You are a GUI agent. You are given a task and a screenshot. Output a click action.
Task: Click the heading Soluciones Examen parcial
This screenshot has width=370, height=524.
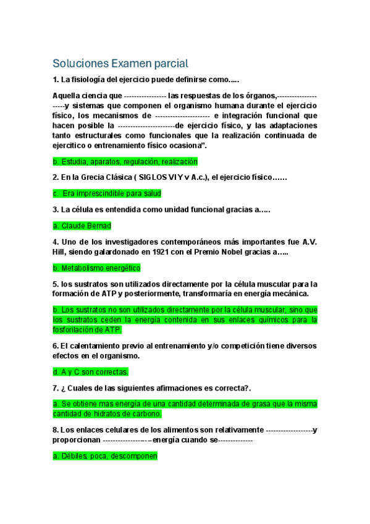point(120,63)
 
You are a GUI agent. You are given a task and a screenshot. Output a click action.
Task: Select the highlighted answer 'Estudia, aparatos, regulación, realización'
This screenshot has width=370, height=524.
point(125,161)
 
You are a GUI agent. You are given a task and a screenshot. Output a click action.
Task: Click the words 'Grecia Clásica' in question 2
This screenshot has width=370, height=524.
point(104,177)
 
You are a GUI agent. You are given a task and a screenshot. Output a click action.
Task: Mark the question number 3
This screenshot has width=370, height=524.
point(56,209)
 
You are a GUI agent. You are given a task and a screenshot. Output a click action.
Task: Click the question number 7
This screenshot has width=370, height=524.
point(56,387)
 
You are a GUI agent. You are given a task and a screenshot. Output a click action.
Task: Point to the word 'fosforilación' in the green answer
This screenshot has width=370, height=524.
point(74,330)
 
